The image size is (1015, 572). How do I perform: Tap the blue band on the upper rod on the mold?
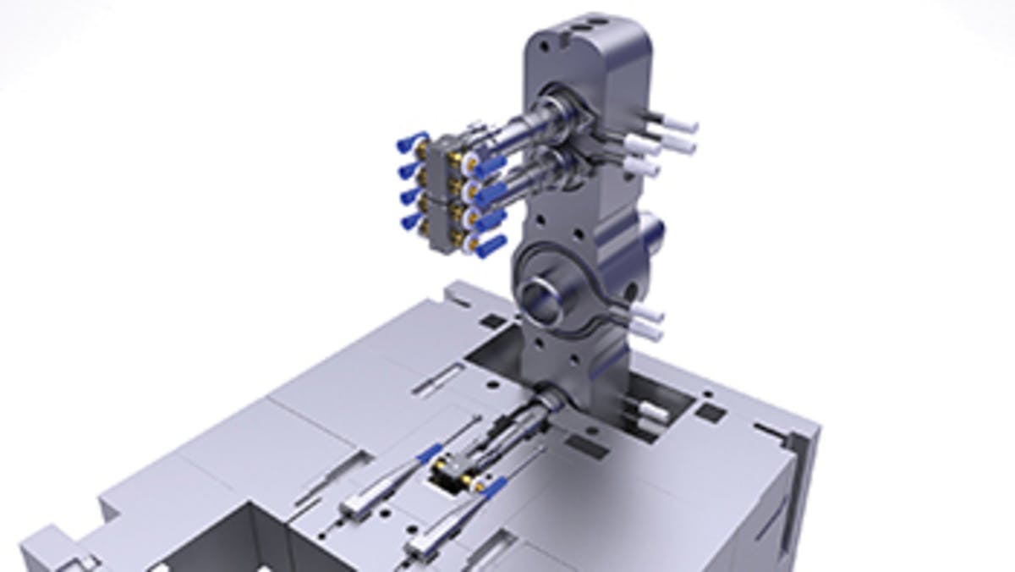pyautogui.click(x=430, y=454)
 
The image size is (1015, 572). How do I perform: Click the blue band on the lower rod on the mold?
pyautogui.click(x=497, y=487)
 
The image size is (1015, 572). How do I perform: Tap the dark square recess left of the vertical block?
pyautogui.click(x=491, y=320)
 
